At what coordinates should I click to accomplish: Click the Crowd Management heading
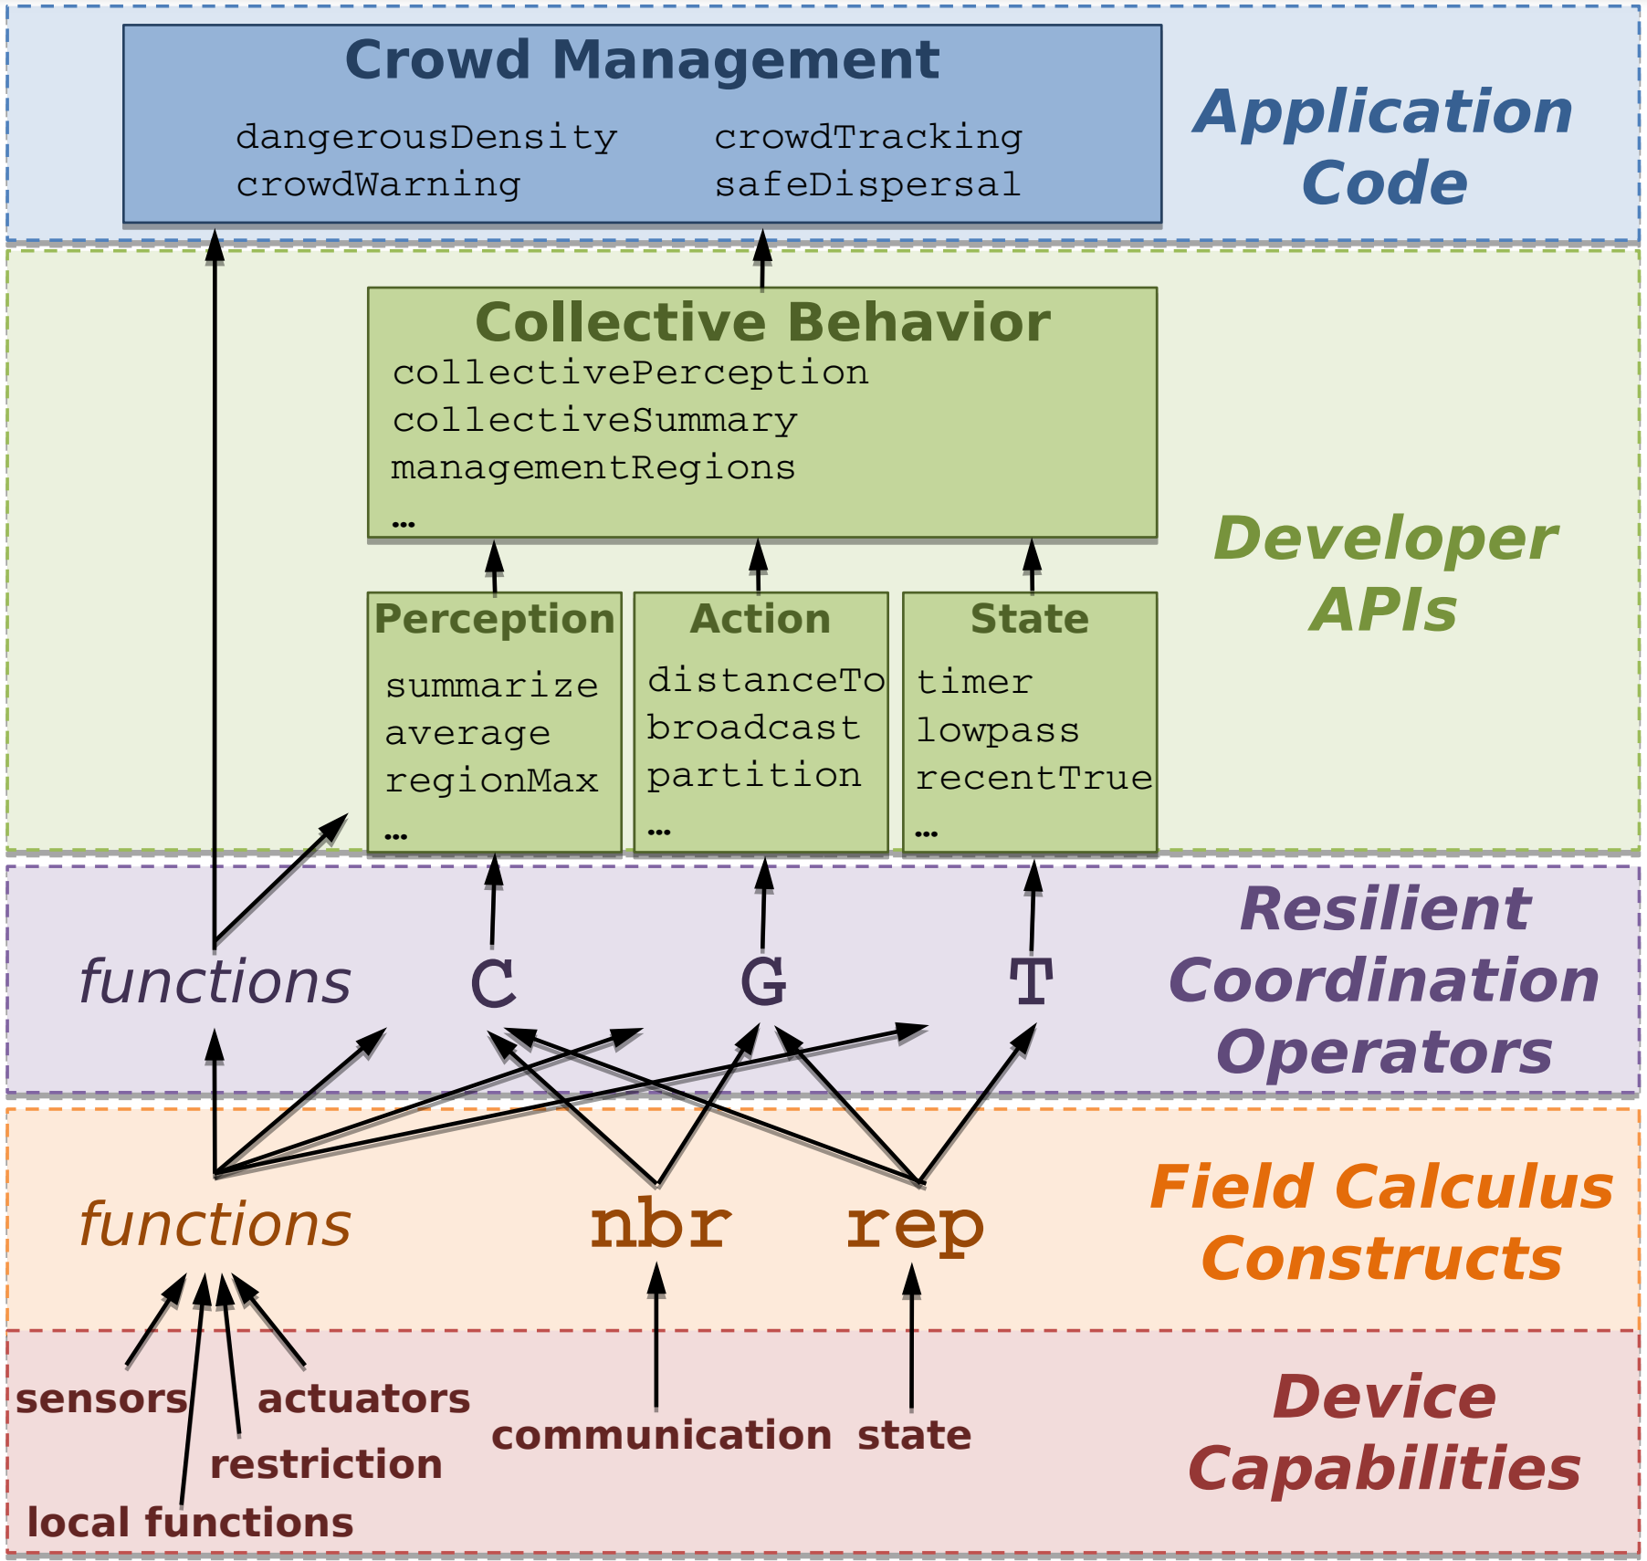pos(642,60)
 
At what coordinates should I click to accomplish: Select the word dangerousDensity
pos(426,137)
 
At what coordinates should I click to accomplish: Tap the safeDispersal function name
pos(866,184)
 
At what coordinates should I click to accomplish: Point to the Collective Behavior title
pos(762,322)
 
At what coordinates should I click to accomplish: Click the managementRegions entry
pos(593,467)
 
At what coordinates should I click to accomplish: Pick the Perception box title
pos(494,619)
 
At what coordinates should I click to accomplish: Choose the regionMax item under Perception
pos(491,780)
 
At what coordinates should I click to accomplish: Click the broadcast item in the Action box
pos(753,728)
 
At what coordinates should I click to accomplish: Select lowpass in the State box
pos(997,730)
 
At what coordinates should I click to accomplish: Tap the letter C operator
pos(493,983)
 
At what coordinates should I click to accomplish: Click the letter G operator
pos(763,982)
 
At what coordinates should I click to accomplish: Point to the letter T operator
pos(1032,982)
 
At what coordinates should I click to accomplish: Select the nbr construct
pos(659,1225)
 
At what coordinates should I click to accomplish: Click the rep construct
pos(915,1225)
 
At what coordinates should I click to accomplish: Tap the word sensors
pos(101,1399)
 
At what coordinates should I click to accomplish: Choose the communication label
pos(661,1435)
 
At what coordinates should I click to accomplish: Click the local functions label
pos(190,1523)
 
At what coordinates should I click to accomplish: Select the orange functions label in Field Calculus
pos(215,1224)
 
